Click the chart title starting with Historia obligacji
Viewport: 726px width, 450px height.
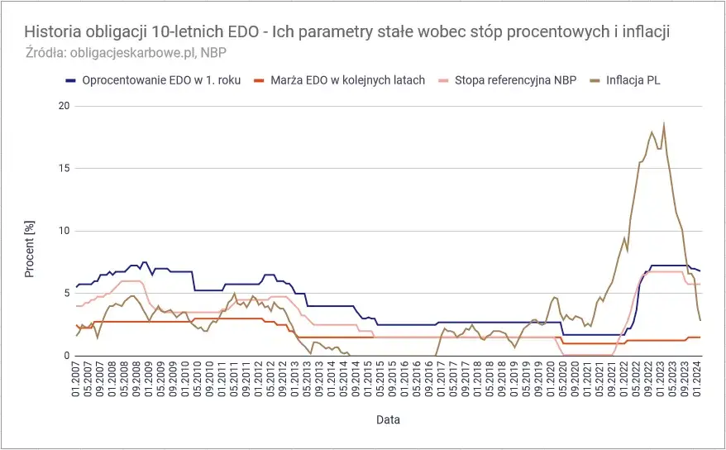coord(347,31)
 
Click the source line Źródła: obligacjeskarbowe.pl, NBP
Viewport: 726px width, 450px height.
coord(126,52)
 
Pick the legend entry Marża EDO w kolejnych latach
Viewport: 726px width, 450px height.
coord(347,80)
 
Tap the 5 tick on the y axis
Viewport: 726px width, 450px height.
coord(64,293)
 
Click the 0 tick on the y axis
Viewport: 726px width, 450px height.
coord(64,356)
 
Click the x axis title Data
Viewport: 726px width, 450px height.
coord(388,420)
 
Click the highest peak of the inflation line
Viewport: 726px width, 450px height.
coord(663,125)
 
